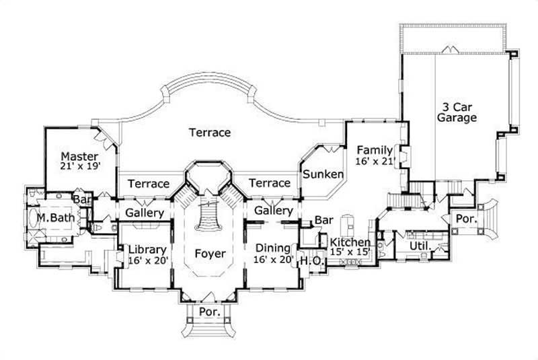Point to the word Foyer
209,254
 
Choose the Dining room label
273,253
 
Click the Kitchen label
349,247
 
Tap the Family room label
374,155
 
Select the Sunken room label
323,174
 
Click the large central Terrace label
209,133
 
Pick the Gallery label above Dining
273,211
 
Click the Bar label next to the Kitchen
324,220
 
